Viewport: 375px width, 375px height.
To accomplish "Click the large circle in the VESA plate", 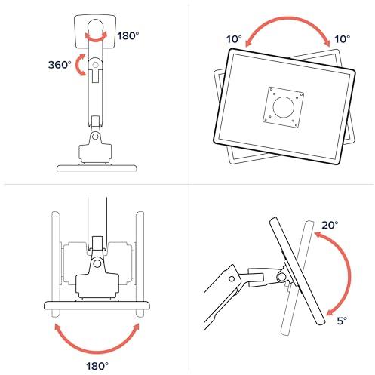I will pos(281,105).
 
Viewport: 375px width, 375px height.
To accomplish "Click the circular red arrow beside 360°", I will pos(81,66).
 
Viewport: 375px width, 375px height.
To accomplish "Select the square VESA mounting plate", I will pos(281,105).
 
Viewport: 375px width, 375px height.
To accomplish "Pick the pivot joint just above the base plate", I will pos(94,136).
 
